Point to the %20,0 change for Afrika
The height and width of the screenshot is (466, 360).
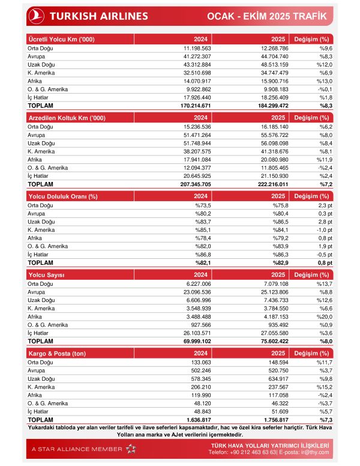click(322, 316)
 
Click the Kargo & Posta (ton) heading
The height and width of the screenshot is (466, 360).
click(58, 354)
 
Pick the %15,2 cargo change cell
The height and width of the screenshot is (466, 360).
click(323, 387)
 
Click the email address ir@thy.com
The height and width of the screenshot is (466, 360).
click(314, 452)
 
